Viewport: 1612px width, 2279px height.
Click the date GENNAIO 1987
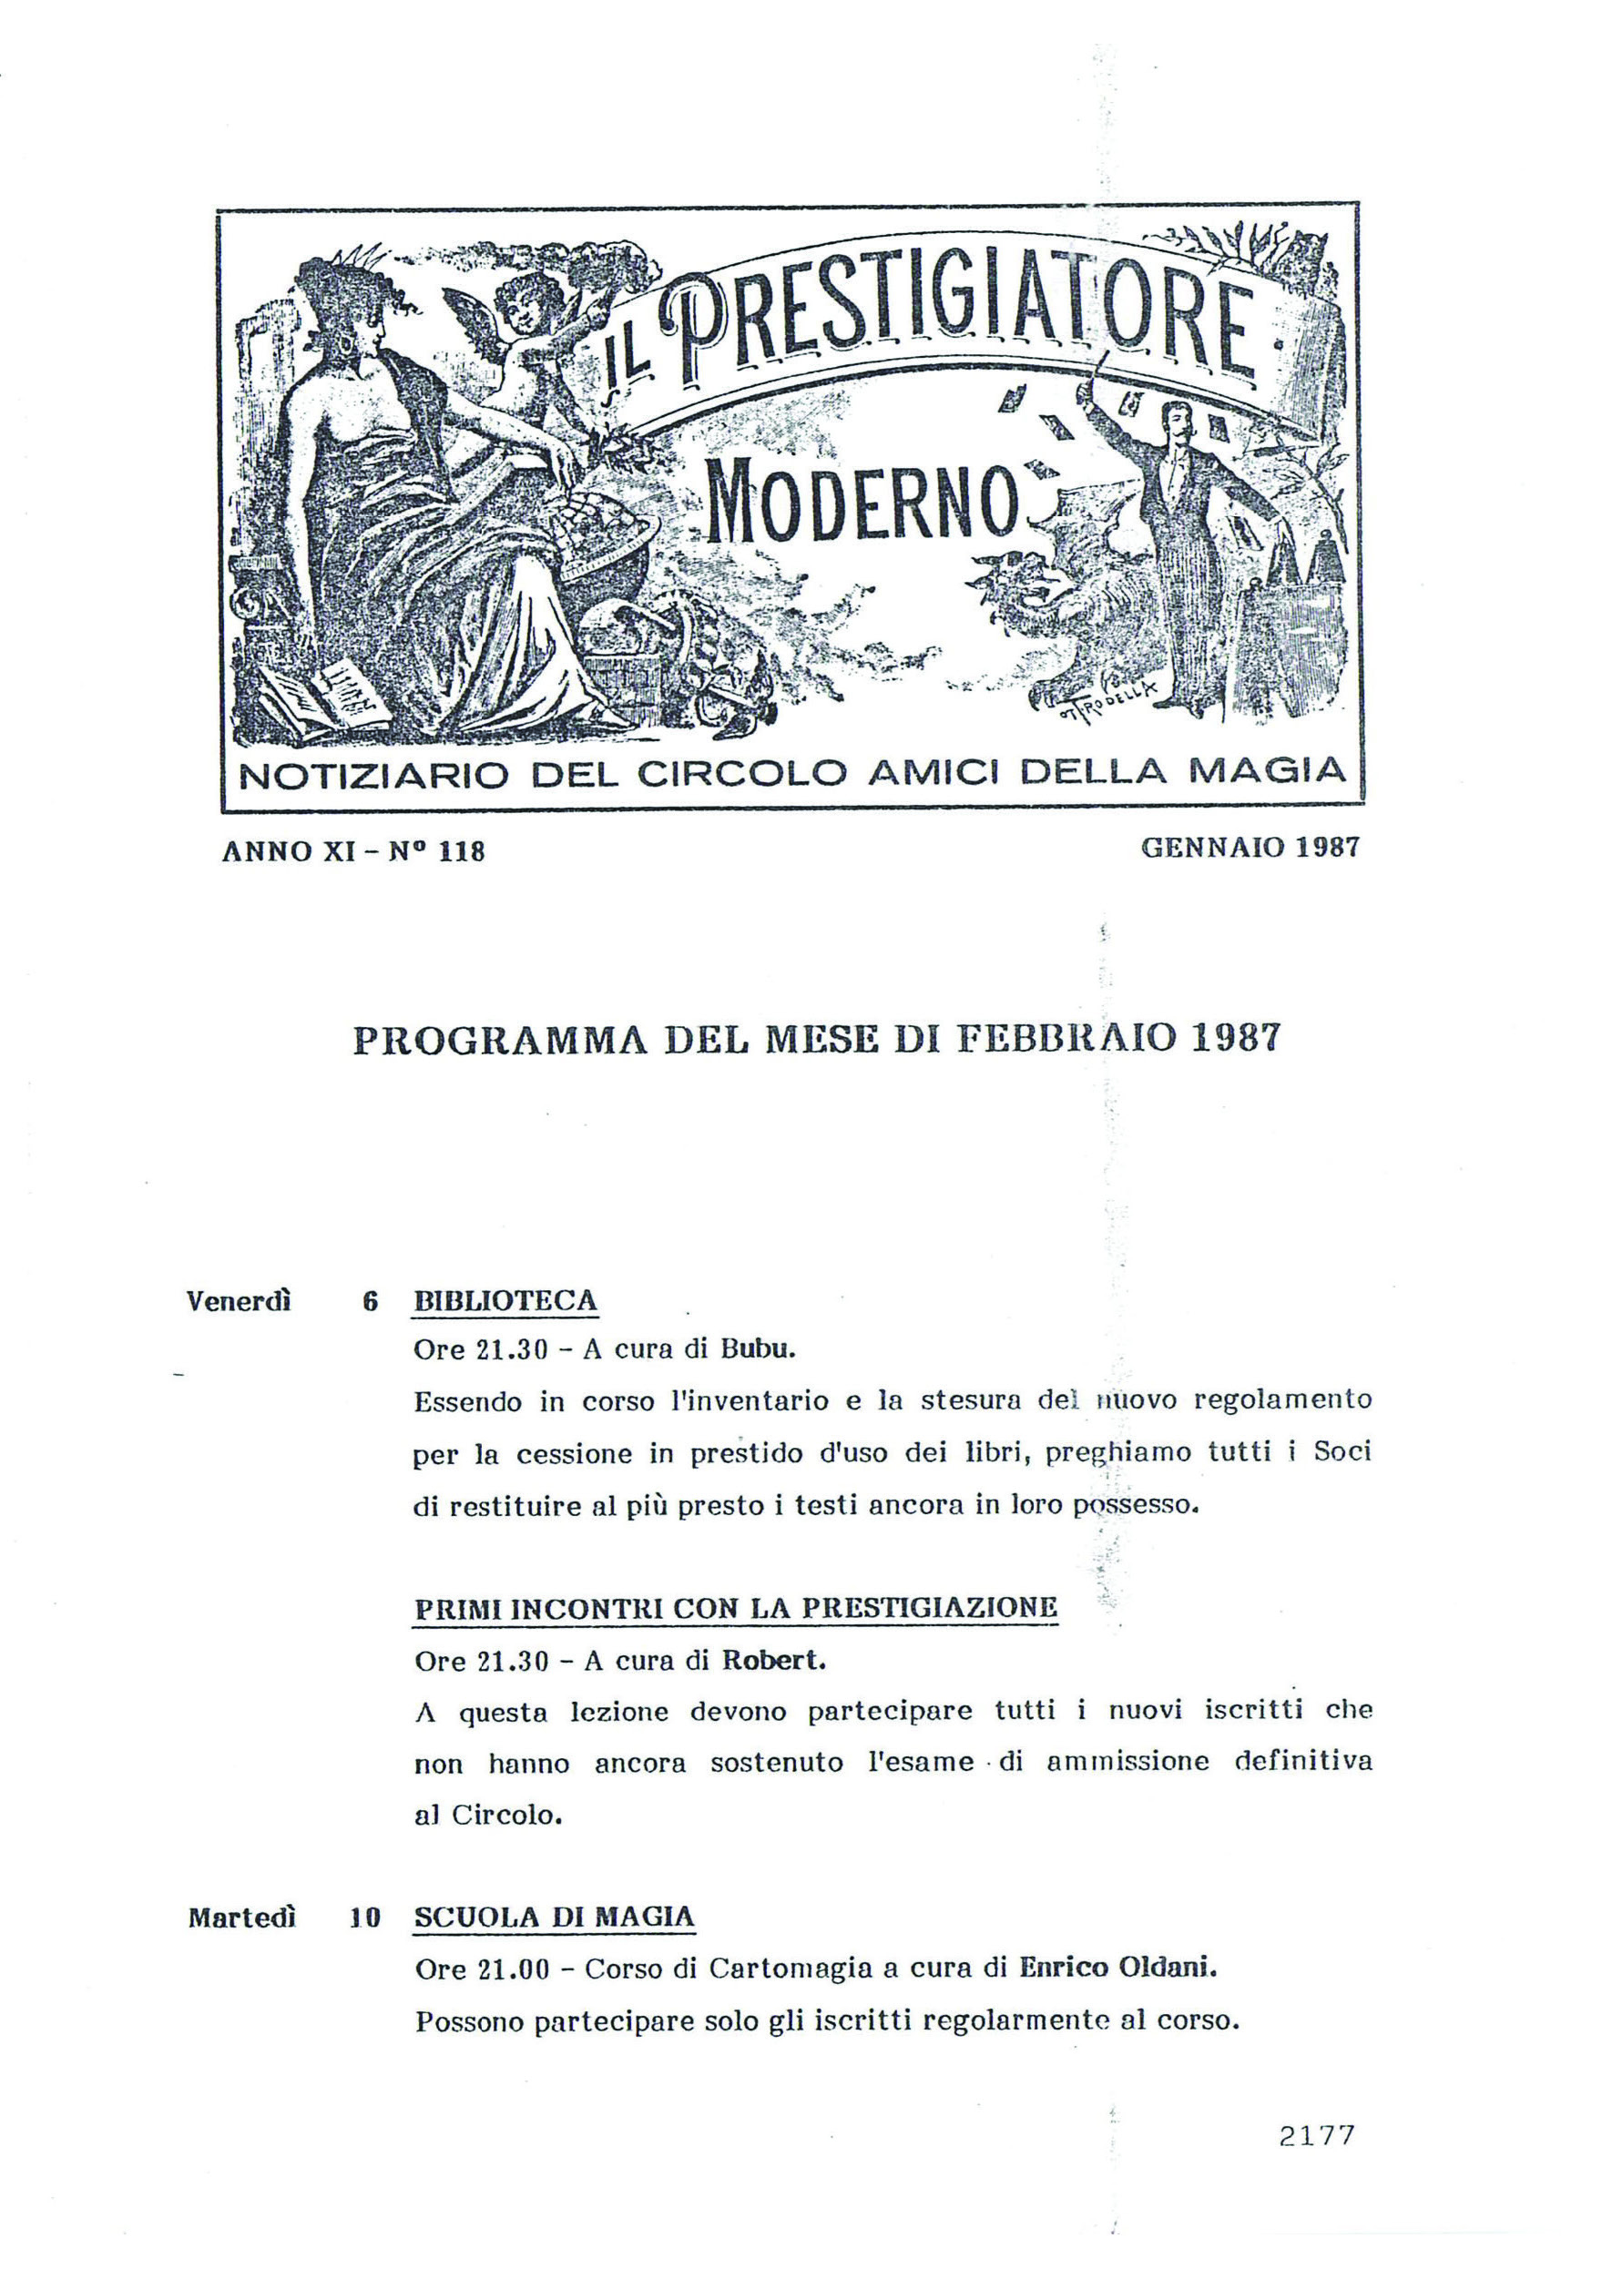click(x=1249, y=847)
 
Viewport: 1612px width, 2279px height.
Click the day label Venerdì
click(x=239, y=1301)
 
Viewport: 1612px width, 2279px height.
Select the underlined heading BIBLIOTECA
click(x=505, y=1301)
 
